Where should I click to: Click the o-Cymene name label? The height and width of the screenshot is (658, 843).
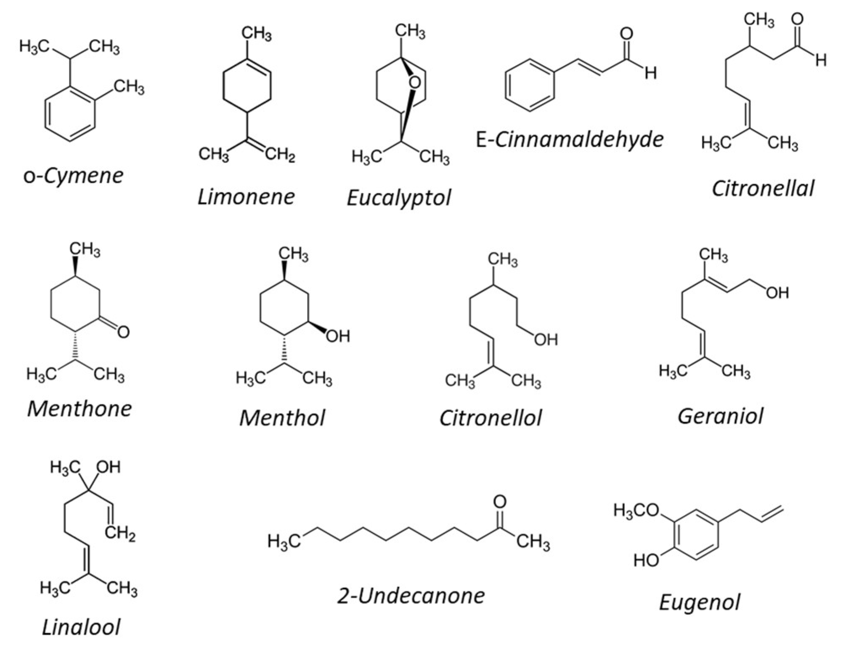[x=73, y=176]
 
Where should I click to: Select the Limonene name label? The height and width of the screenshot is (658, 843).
[x=246, y=197]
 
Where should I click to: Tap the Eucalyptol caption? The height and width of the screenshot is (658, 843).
[x=398, y=198]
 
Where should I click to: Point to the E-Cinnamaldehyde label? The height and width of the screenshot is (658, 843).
[x=570, y=139]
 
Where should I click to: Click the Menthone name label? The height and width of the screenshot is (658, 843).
[x=80, y=408]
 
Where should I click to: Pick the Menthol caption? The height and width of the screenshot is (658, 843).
[x=282, y=418]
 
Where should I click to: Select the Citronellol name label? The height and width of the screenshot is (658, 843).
[x=490, y=418]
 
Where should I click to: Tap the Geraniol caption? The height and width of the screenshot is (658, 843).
[x=720, y=416]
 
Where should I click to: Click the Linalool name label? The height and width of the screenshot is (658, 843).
[x=81, y=627]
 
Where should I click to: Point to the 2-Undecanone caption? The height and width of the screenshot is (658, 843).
[x=411, y=595]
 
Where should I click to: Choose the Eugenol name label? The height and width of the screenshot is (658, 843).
[x=699, y=602]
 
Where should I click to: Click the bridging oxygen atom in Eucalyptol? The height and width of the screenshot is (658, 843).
[x=414, y=82]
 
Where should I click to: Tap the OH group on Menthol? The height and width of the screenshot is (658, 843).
[x=338, y=336]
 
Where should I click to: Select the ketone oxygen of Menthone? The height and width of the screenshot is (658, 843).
[x=123, y=332]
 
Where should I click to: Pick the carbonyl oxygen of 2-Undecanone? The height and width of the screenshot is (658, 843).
[x=500, y=501]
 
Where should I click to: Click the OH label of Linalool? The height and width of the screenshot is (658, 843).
[x=108, y=467]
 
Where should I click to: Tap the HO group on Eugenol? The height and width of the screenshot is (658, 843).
[x=647, y=560]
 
